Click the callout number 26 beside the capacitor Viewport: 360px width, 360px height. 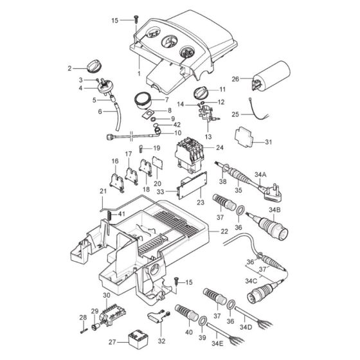tap(235, 79)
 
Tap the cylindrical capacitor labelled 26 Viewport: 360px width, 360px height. tap(271, 75)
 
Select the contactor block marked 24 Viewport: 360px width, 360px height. tap(190, 154)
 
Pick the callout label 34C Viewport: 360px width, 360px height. tap(251, 282)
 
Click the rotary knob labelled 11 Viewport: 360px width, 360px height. tap(201, 93)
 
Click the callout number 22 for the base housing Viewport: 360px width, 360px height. tap(224, 231)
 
